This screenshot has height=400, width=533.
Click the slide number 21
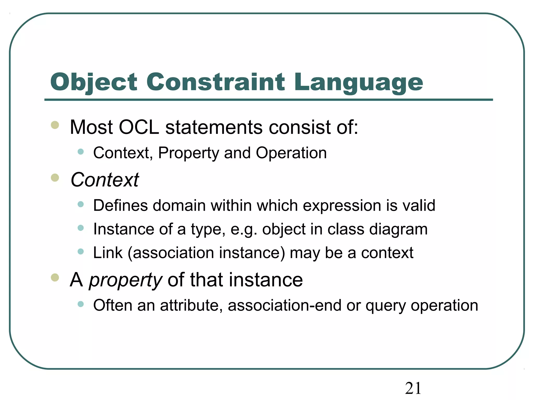pyautogui.click(x=413, y=388)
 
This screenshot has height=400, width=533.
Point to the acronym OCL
pyautogui.click(x=139, y=127)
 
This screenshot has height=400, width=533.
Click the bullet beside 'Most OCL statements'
pyautogui.click(x=55, y=125)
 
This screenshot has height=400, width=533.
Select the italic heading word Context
pyautogui.click(x=105, y=180)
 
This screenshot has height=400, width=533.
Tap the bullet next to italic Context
pyautogui.click(x=55, y=178)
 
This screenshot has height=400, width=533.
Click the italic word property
pyautogui.click(x=125, y=280)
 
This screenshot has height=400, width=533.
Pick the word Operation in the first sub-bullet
pyautogui.click(x=291, y=153)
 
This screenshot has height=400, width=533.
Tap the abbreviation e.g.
pyautogui.click(x=244, y=229)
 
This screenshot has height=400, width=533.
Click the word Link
pyautogui.click(x=108, y=253)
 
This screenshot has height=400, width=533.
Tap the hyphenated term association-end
pyautogui.click(x=284, y=305)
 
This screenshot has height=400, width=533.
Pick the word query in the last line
pyautogui.click(x=385, y=306)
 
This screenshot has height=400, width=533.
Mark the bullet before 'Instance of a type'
pyautogui.click(x=81, y=228)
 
